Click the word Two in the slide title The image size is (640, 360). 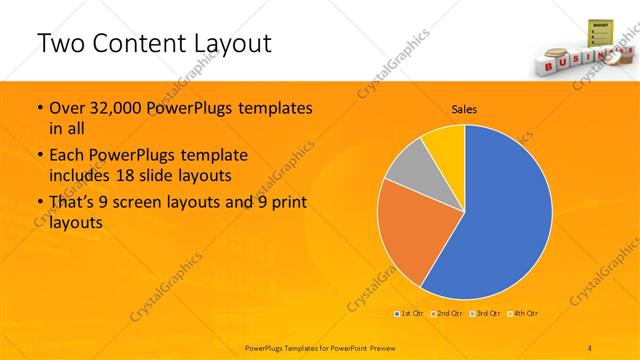(x=61, y=43)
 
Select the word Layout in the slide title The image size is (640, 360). (x=231, y=43)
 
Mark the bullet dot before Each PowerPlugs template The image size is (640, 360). (x=39, y=156)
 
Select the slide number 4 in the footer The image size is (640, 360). (x=590, y=347)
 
